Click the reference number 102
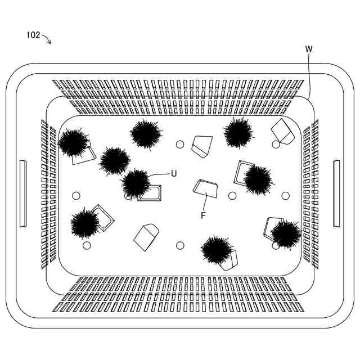coord(33,35)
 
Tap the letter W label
coord(309,49)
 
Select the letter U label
coord(173,173)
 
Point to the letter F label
coord(204,214)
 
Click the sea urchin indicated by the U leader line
coord(136,182)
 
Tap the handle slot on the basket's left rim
coord(23,193)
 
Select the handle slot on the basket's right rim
coord(336,193)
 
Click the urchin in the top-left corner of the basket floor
coord(73,142)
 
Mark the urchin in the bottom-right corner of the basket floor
coord(285,233)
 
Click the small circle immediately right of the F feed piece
coord(232,195)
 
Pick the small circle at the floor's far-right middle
coord(285,195)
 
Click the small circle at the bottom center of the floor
coord(180,245)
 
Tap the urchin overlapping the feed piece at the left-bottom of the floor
coord(84,224)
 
